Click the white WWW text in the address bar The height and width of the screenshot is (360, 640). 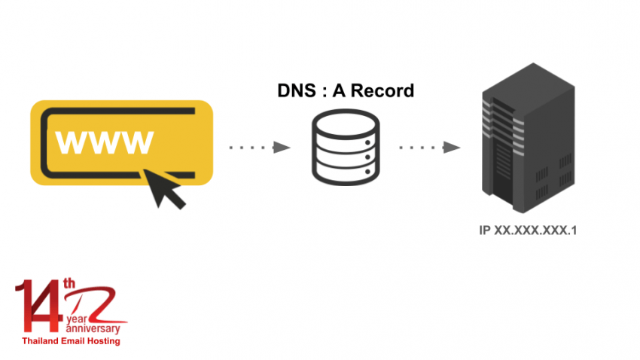click(x=105, y=141)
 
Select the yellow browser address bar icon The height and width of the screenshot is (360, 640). click(x=121, y=142)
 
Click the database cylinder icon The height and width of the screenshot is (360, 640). click(x=344, y=147)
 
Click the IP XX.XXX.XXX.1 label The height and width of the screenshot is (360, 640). click(x=528, y=230)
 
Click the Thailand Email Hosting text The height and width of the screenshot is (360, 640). click(x=71, y=340)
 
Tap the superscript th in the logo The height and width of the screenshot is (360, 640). click(x=69, y=284)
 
